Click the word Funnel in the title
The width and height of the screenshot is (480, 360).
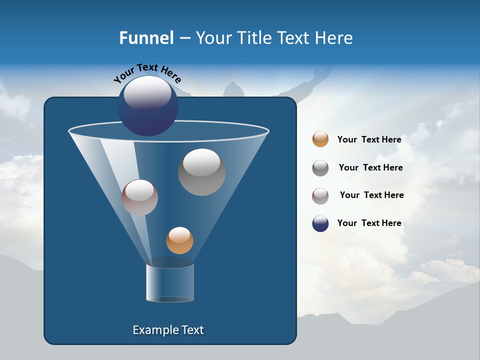click(146, 38)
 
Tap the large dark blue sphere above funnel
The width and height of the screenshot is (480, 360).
click(148, 106)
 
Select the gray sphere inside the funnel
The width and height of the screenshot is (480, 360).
click(201, 172)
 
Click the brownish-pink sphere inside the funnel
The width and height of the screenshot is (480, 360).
click(139, 197)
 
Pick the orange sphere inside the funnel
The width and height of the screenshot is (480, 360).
click(179, 240)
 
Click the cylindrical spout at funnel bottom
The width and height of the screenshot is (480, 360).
click(169, 283)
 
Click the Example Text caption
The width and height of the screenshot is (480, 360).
click(168, 330)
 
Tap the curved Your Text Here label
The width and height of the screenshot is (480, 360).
click(147, 72)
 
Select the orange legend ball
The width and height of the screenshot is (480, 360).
click(320, 139)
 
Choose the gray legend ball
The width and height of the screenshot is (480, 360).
click(320, 168)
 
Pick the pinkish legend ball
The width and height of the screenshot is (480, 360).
click(320, 196)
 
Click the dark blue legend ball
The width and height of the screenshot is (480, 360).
click(320, 223)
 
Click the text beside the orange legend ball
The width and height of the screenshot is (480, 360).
click(369, 139)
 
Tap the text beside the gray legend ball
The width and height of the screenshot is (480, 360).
click(370, 167)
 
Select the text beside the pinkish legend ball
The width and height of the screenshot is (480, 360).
click(371, 195)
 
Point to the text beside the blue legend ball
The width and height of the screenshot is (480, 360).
click(369, 223)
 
